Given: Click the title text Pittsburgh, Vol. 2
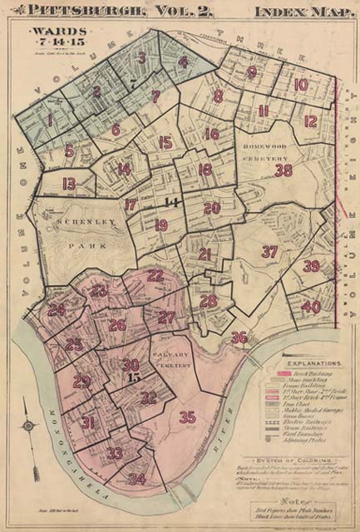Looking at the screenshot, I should pyautogui.click(x=121, y=12).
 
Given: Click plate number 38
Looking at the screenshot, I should pyautogui.click(x=284, y=170).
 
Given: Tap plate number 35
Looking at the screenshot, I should pyautogui.click(x=187, y=416).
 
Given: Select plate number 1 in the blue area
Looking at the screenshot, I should pyautogui.click(x=49, y=121).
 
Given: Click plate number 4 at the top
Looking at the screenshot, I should pyautogui.click(x=183, y=61).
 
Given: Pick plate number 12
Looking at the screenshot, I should pyautogui.click(x=310, y=121).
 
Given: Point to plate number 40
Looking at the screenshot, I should pyautogui.click(x=310, y=307).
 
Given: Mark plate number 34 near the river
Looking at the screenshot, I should pyautogui.click(x=137, y=479).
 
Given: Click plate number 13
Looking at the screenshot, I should pyautogui.click(x=69, y=183).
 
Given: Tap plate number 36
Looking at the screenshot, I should pyautogui.click(x=239, y=337).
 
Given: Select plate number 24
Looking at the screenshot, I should pyautogui.click(x=57, y=310).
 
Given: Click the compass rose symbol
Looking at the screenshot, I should pyautogui.click(x=28, y=425).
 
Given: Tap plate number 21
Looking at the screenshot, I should pyautogui.click(x=205, y=254).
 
